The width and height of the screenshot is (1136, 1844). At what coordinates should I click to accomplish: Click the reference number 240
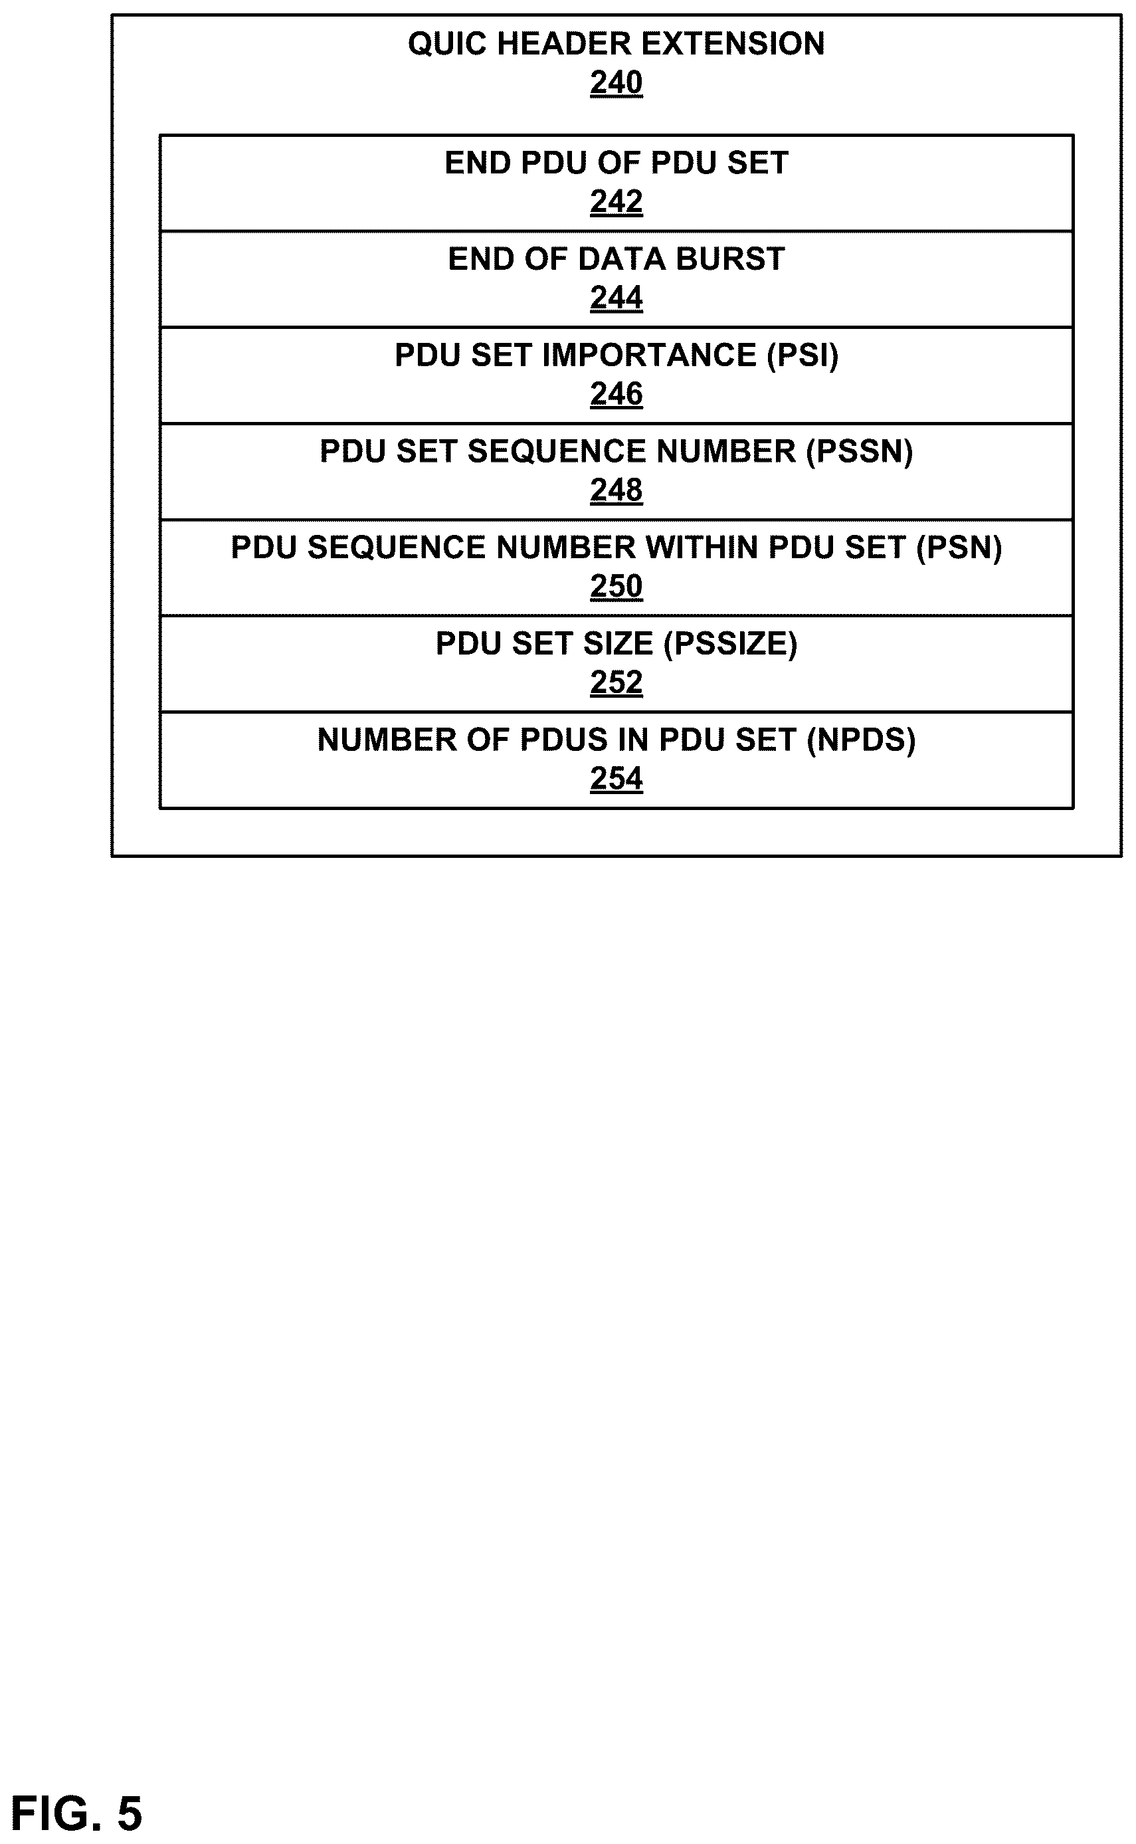(x=616, y=82)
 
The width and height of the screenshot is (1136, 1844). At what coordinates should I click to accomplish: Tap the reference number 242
(x=616, y=201)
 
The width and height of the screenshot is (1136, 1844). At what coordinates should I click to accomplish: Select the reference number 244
(x=616, y=298)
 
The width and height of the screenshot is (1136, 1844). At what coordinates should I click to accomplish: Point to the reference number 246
(x=616, y=394)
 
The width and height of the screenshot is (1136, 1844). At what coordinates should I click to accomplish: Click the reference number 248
(x=616, y=490)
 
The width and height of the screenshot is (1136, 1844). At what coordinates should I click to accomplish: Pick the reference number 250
(x=616, y=586)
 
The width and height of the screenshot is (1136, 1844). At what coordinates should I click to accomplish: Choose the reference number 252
(x=616, y=682)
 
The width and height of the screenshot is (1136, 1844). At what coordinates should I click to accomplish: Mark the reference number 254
(x=616, y=779)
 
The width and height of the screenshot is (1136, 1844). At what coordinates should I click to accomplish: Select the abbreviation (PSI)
(x=803, y=356)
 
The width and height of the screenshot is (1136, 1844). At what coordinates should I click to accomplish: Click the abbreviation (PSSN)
(x=860, y=452)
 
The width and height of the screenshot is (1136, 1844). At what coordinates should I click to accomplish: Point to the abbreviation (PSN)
(x=959, y=548)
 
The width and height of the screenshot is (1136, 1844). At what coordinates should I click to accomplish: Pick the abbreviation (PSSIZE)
(x=730, y=644)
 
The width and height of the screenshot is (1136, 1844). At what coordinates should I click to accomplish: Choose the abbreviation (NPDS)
(x=861, y=740)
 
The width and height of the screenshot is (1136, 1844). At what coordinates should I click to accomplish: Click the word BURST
(x=730, y=259)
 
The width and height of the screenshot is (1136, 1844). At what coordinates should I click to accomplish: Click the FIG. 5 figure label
(x=76, y=1813)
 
